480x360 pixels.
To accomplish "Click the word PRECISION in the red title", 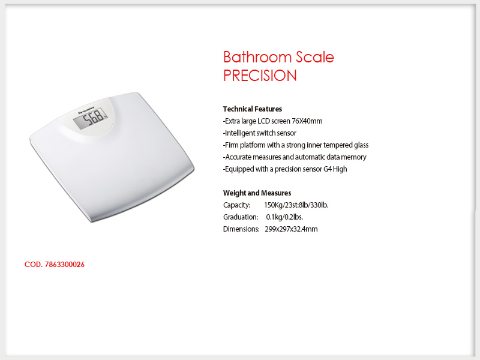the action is (260, 76).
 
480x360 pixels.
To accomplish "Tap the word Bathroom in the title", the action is (257, 57).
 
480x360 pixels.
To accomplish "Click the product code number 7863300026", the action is (65, 265).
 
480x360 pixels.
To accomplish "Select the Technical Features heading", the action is (253, 109).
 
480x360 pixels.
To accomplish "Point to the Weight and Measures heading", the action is (257, 193).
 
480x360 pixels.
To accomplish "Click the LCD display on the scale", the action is (91, 118).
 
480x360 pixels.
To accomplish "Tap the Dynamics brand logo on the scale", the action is (86, 110).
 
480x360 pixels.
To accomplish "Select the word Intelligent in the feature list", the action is (239, 133).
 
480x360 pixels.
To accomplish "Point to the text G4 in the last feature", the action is (328, 169).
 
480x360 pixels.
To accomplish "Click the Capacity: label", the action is (236, 205).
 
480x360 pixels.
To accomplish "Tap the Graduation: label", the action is (241, 217).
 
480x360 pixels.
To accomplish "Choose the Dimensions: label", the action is (241, 229).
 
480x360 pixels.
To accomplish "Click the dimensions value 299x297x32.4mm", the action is (291, 229).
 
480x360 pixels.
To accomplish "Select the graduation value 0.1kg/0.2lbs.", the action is (284, 217).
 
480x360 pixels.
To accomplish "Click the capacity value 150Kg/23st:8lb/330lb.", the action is (296, 205).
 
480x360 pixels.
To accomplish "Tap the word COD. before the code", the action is (34, 265).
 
